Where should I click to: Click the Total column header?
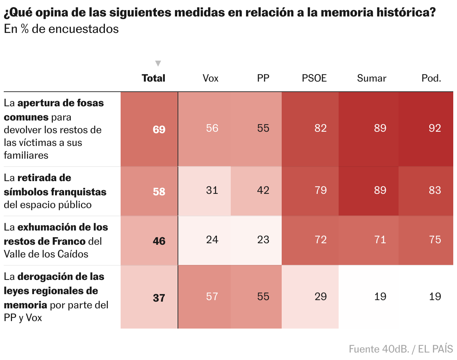(x=153, y=78)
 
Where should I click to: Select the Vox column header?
(x=210, y=78)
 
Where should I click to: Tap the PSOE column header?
(x=314, y=78)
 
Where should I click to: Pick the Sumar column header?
(x=371, y=78)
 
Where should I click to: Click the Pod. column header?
(x=431, y=78)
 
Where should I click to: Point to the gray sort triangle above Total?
(x=158, y=63)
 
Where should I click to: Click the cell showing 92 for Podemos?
(x=435, y=128)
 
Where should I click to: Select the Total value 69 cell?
(x=159, y=129)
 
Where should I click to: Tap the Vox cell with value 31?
(x=212, y=190)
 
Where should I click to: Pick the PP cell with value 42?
(x=263, y=190)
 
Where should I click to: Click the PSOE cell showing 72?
(x=320, y=240)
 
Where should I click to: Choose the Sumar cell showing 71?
(x=380, y=240)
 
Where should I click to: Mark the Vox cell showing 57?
(x=212, y=296)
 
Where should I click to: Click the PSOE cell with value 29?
(x=320, y=296)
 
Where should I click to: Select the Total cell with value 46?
(x=159, y=241)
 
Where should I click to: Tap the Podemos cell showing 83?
(x=435, y=190)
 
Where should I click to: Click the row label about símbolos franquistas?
(x=55, y=191)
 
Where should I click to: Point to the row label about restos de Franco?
(x=56, y=241)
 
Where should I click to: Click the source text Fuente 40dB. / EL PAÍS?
(x=400, y=349)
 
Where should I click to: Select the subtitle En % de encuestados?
(x=61, y=29)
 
